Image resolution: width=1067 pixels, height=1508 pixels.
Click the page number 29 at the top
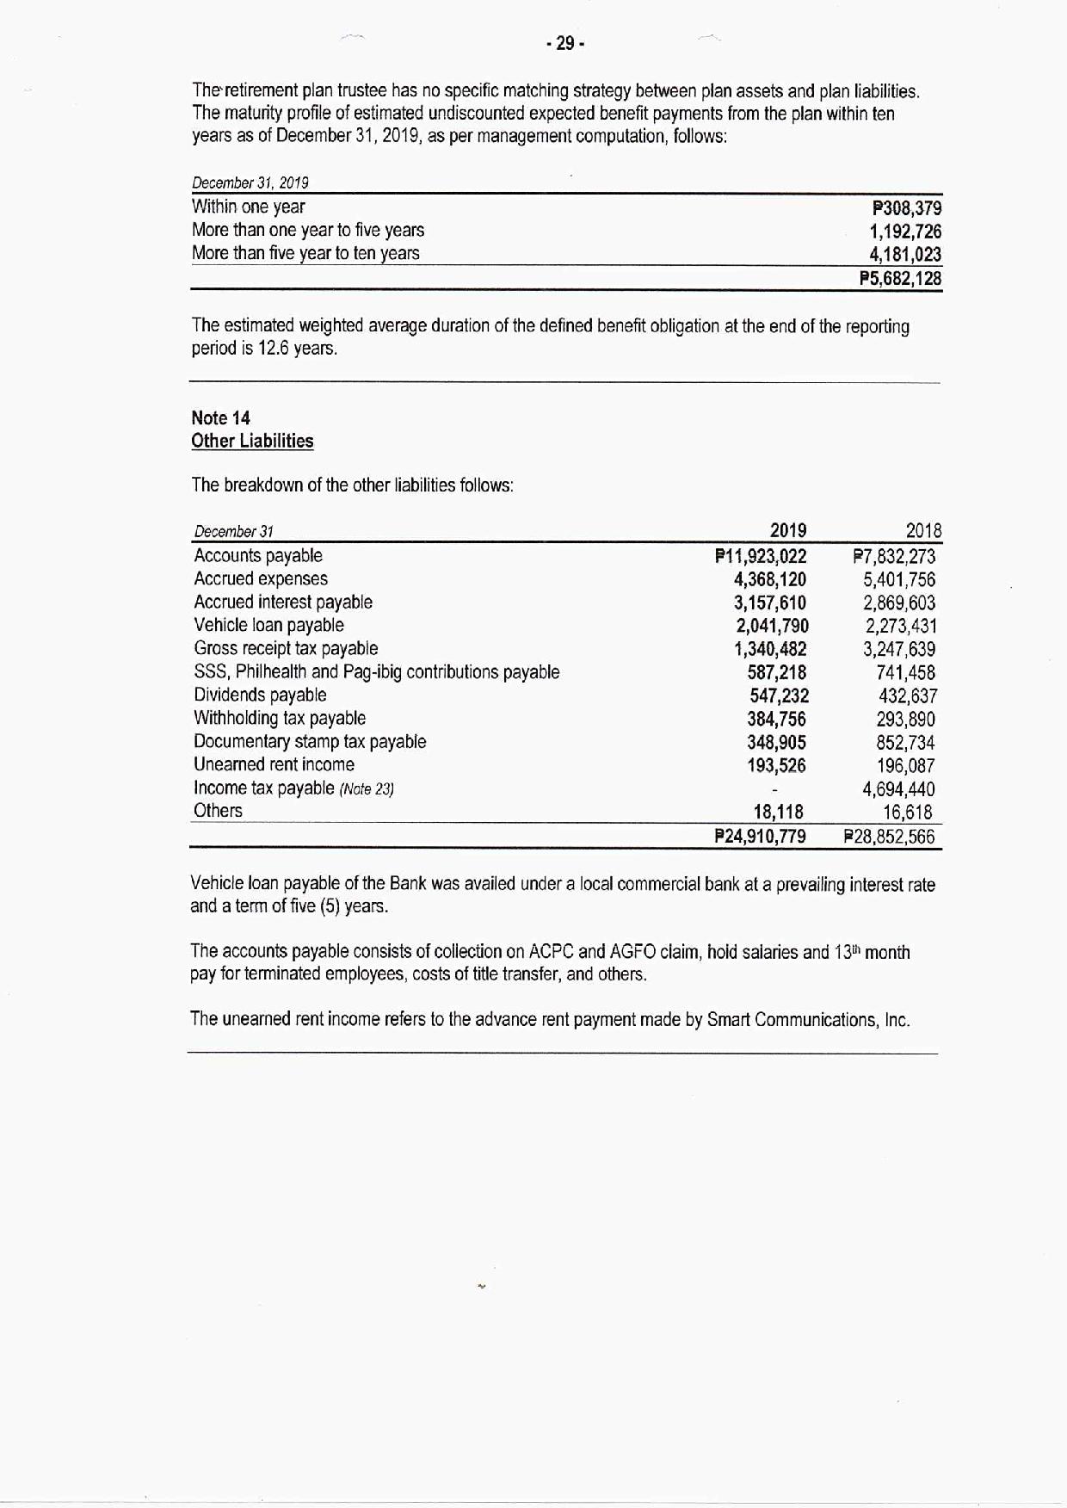565,43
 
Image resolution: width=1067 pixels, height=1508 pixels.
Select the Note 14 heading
220,418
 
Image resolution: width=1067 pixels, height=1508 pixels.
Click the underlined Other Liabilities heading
252,441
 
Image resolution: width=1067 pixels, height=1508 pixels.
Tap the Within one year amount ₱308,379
907,208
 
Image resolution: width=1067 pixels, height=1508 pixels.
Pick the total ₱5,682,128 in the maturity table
901,279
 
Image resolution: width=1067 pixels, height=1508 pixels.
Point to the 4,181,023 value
905,255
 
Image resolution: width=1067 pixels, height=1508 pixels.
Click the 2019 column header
787,530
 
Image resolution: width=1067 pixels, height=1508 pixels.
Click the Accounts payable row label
258,556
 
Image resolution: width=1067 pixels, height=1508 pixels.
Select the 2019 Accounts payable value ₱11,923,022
761,557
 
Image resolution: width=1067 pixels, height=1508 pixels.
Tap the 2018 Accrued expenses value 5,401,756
899,580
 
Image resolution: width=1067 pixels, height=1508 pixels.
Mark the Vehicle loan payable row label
268,626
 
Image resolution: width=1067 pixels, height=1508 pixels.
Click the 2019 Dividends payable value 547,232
779,696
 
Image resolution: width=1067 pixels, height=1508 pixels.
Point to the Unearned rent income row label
274,765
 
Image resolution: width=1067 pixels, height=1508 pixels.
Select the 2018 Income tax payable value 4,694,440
898,789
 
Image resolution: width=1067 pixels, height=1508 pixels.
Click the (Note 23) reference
367,789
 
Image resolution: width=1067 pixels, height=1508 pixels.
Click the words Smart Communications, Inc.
808,1020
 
